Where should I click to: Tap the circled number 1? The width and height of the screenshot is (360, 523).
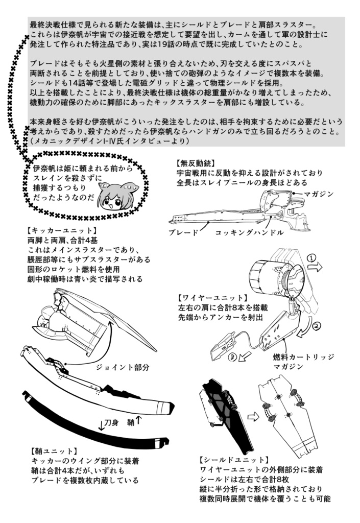(311, 259)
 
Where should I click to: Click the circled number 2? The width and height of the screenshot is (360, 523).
(317, 325)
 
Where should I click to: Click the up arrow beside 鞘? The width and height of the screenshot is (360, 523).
(139, 421)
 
